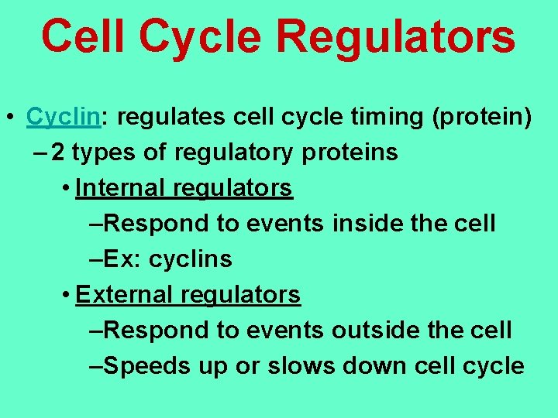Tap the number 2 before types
click(58, 152)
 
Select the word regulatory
click(233, 152)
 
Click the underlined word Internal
click(121, 188)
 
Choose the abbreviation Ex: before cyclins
click(122, 259)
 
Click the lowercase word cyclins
click(190, 259)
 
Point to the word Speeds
click(143, 366)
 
